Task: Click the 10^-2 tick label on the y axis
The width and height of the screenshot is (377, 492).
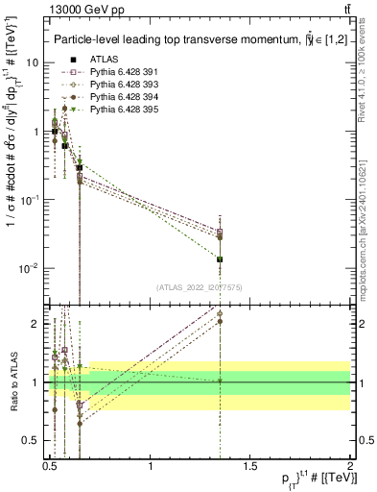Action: pyautogui.click(x=32, y=268)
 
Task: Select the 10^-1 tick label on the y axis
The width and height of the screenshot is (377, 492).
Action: pyautogui.click(x=32, y=200)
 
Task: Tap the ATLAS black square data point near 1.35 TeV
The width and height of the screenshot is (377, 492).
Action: pyautogui.click(x=221, y=259)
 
